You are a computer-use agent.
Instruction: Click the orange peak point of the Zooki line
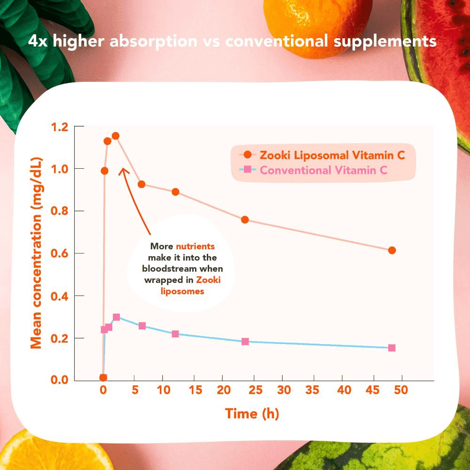click(115, 136)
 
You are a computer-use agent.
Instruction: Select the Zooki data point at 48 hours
click(392, 250)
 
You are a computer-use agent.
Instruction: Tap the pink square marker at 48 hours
click(392, 348)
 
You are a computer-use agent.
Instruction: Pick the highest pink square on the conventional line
click(116, 317)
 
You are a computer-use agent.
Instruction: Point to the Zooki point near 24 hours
click(244, 219)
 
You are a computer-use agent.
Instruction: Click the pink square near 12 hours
click(175, 334)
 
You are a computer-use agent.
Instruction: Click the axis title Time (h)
click(252, 414)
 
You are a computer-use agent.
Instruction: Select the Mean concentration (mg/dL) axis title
click(37, 254)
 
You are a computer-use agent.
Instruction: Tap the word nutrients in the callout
click(195, 246)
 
